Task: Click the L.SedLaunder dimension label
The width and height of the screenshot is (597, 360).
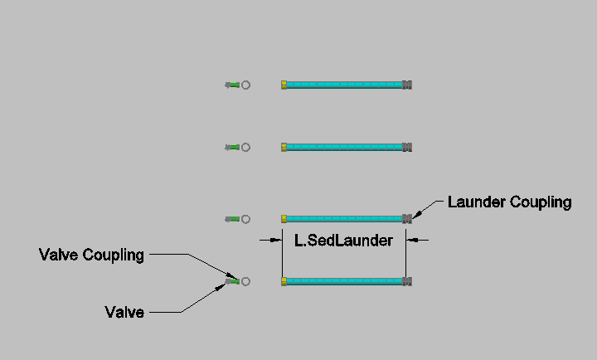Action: point(343,241)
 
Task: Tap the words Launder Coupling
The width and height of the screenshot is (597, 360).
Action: point(509,202)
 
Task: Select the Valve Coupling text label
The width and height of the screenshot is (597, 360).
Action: point(91,255)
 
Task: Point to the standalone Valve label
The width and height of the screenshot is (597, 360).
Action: point(124,313)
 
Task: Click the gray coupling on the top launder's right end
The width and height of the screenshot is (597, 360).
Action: point(407,85)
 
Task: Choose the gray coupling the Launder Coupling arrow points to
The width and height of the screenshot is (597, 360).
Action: point(407,219)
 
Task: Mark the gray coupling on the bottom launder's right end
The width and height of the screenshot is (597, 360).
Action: point(407,281)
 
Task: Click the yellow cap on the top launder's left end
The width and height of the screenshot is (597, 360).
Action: point(284,85)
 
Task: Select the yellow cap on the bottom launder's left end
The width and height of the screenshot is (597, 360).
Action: point(284,281)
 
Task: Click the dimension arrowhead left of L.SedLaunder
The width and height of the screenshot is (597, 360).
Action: point(275,240)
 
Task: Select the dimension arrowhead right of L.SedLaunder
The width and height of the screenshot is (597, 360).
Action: point(412,240)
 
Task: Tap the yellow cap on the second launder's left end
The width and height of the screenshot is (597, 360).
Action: point(284,147)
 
